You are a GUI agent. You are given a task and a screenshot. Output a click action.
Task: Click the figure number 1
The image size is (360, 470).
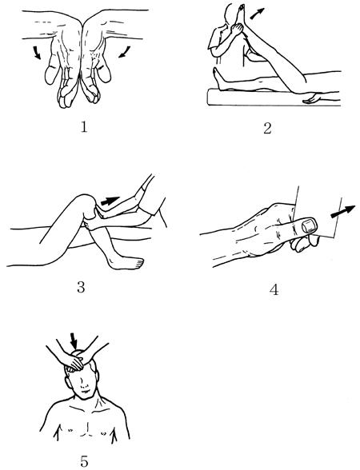84,127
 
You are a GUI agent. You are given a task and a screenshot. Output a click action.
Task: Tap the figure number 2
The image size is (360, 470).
267,128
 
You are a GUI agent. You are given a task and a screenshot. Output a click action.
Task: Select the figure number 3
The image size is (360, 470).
81,287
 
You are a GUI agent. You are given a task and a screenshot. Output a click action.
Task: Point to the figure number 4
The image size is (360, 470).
274,289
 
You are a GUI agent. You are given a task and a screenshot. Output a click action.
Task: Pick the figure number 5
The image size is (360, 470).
84,461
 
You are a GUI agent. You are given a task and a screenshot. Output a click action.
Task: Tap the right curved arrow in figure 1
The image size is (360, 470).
124,51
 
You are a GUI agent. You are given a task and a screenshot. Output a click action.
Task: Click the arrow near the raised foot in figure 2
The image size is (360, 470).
257,14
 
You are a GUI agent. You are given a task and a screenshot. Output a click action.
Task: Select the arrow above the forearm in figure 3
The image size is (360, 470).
110,201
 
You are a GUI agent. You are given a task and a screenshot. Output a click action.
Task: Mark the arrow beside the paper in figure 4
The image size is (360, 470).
342,211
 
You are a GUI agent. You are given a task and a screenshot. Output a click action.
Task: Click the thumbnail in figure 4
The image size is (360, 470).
309,225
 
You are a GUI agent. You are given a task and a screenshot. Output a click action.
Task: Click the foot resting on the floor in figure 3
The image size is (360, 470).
126,262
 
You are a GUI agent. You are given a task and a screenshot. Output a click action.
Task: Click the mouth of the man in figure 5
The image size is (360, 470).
85,392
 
